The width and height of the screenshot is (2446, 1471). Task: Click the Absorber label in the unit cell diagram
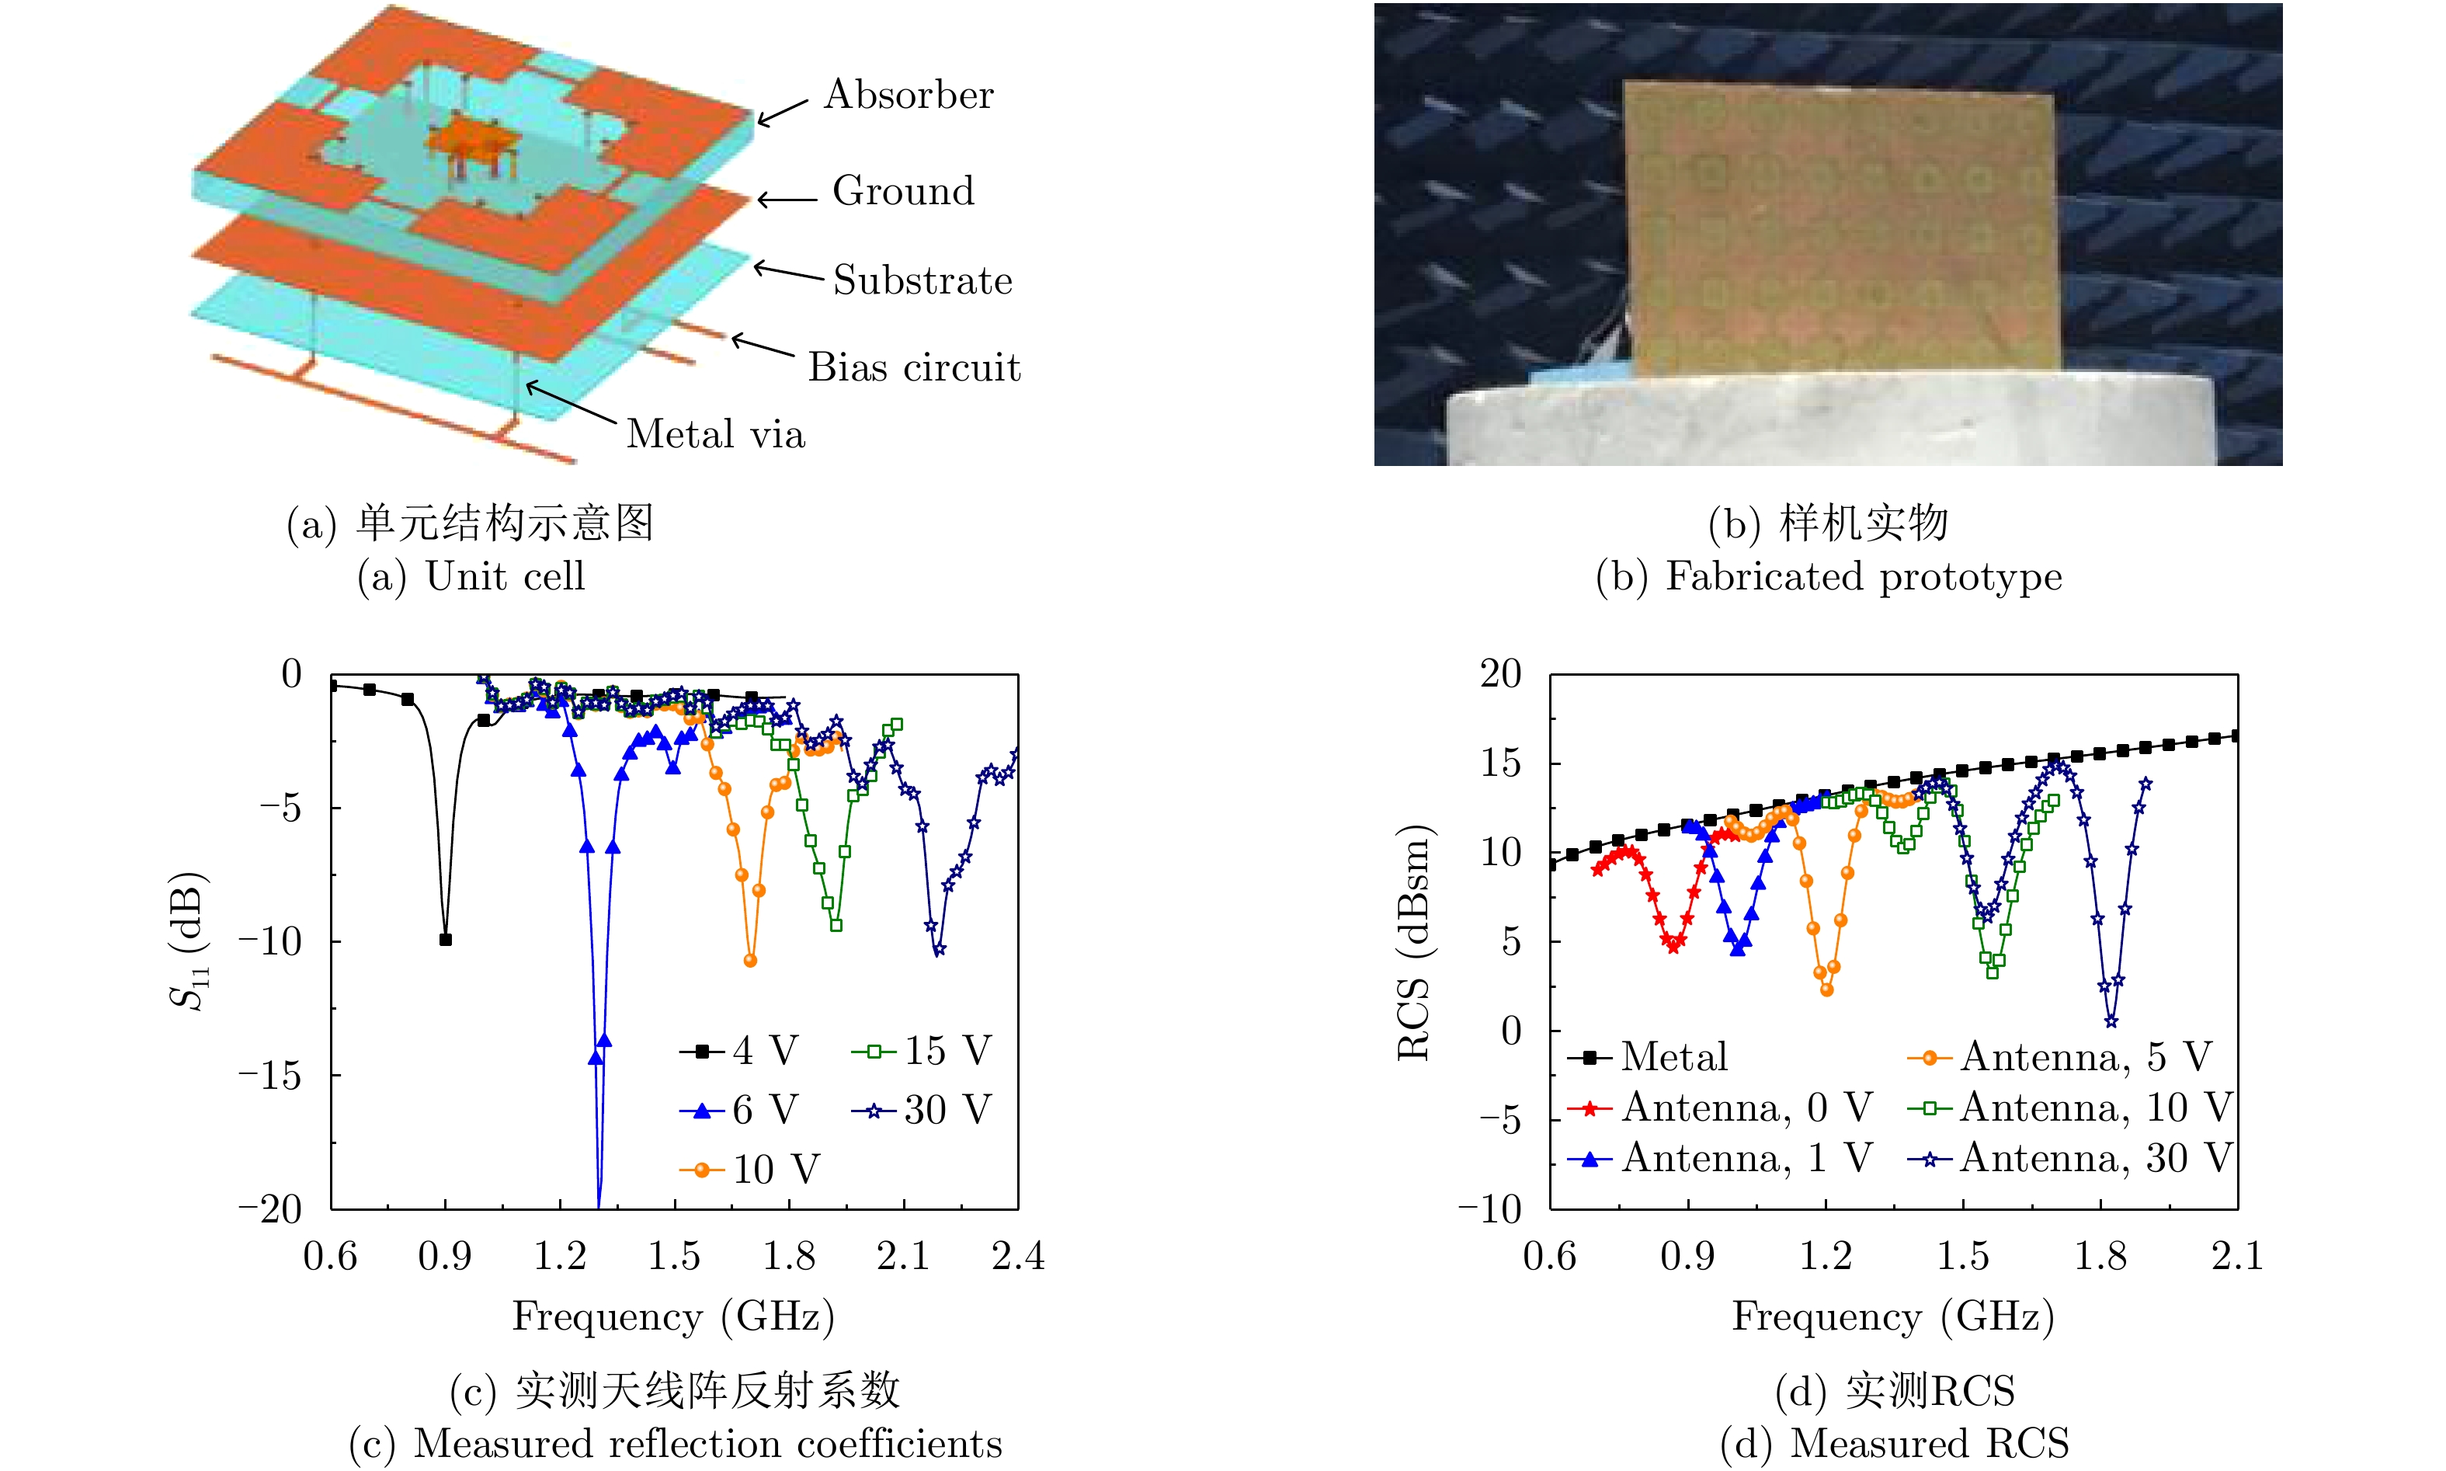pos(908,96)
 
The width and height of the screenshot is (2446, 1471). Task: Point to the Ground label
pos(903,191)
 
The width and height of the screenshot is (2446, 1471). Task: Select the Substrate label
pos(922,280)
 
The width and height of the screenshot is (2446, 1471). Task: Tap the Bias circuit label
pos(914,368)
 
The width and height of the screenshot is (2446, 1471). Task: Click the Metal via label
pos(716,434)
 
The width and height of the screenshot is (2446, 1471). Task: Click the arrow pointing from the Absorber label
pos(783,111)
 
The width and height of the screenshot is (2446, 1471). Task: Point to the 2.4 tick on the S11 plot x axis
pos(1018,1256)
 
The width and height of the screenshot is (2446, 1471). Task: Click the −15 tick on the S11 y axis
pos(269,1074)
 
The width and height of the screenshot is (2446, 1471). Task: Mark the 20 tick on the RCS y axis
pos(1500,674)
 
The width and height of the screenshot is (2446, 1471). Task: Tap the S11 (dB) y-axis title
pos(189,941)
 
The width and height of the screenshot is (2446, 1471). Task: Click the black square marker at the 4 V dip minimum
pos(445,939)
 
